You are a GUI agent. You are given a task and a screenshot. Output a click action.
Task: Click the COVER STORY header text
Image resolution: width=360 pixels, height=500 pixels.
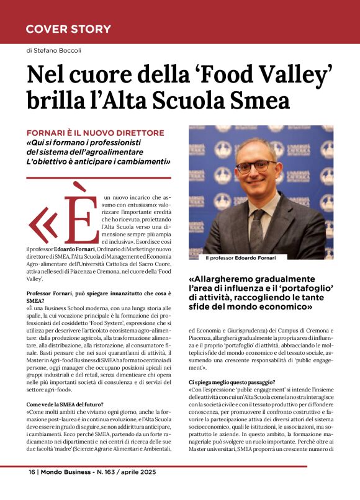(x=68, y=29)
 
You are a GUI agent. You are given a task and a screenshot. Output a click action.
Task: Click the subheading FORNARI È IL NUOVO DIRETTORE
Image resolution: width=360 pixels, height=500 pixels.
(x=95, y=133)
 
